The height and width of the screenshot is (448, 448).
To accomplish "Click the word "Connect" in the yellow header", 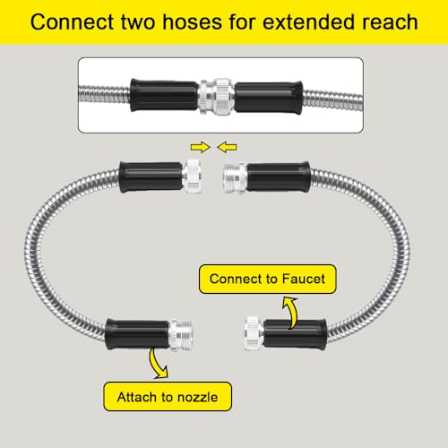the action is tap(73, 22).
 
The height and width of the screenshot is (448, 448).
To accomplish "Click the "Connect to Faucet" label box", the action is tap(267, 279).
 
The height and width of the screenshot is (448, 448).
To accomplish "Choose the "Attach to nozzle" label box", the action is tap(168, 397).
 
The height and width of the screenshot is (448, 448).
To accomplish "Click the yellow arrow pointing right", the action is tap(201, 147).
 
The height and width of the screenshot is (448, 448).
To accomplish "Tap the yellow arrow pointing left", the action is tap(227, 147).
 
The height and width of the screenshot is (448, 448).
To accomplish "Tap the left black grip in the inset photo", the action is tap(164, 95).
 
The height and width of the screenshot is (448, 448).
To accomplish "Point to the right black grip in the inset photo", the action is tap(269, 98).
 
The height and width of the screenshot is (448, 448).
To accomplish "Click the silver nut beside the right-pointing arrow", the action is tap(192, 177).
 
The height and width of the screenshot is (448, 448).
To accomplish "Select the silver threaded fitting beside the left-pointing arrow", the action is tap(235, 178).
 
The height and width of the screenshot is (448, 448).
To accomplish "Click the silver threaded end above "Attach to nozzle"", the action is tap(180, 335).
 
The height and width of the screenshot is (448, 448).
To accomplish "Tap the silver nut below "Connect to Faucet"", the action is tap(254, 333).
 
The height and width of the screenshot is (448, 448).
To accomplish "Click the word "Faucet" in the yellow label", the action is tap(304, 279).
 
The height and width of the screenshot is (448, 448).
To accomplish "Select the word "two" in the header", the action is tap(138, 22).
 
